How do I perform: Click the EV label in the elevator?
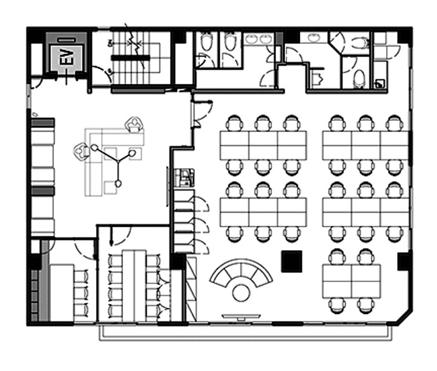tap(66, 57)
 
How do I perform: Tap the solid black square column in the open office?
tap(292, 261)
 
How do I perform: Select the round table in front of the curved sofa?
tap(241, 293)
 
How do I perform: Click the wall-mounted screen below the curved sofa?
tap(241, 316)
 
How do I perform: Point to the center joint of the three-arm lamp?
tap(118, 161)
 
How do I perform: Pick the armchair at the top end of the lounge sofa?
tap(135, 124)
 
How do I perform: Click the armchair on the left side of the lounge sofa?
tap(82, 151)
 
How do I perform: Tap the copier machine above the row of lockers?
tap(184, 178)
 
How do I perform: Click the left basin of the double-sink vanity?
tap(252, 39)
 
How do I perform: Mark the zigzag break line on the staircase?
tap(134, 44)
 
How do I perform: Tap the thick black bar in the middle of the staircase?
tap(130, 58)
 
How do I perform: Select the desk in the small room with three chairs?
tap(62, 292)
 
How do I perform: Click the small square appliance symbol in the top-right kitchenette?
tap(380, 84)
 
